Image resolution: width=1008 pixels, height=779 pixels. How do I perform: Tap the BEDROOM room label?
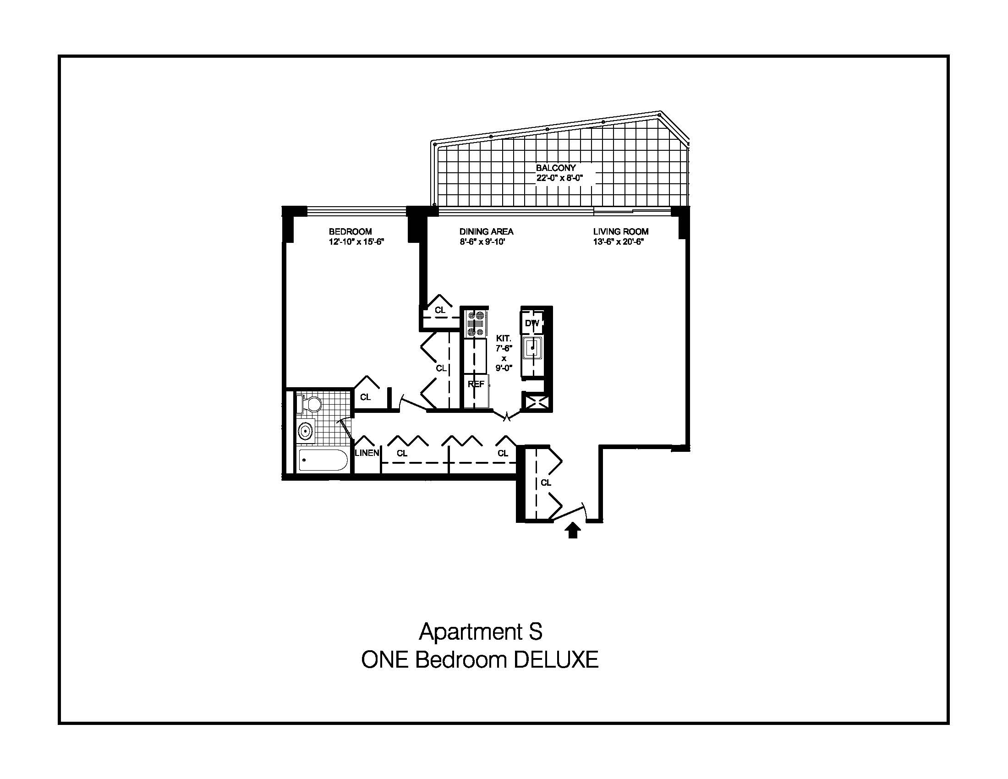(x=350, y=232)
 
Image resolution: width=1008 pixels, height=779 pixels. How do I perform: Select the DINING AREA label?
(x=487, y=232)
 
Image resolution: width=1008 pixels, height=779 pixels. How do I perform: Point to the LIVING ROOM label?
(x=621, y=232)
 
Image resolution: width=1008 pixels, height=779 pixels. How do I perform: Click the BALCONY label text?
(x=556, y=168)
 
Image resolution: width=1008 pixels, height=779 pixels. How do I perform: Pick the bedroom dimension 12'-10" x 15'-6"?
(x=356, y=242)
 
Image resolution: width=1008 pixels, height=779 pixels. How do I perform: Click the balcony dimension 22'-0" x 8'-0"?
(x=559, y=178)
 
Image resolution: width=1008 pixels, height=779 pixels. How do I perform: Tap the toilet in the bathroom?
(x=309, y=404)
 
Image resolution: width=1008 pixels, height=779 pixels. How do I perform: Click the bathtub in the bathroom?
(x=323, y=460)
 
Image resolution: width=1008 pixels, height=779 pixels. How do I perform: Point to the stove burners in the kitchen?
(x=476, y=324)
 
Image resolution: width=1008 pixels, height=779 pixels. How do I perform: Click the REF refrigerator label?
(x=476, y=384)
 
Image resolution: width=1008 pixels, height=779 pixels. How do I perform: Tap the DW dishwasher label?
(x=531, y=324)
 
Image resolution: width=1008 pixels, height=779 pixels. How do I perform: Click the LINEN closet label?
(x=367, y=453)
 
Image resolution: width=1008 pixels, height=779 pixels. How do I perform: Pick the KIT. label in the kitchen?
(x=504, y=338)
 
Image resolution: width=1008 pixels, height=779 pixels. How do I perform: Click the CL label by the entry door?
(x=546, y=483)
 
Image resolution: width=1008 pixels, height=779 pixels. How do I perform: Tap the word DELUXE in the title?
(x=556, y=660)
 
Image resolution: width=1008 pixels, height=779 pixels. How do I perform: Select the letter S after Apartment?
(x=535, y=632)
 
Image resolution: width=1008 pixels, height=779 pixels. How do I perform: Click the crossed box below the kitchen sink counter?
(x=535, y=401)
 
